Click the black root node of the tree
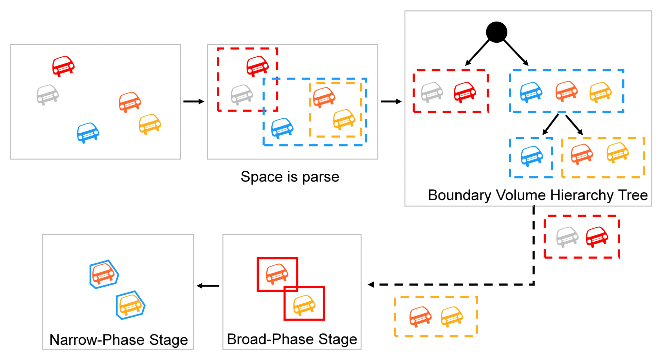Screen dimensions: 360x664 coord(497,32)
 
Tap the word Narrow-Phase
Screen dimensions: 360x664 coord(97,340)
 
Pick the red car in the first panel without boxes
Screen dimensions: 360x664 coord(63,66)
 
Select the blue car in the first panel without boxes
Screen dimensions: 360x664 coord(88,132)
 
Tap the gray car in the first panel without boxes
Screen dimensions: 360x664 coord(48,94)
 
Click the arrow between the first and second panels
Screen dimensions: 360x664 coord(194,101)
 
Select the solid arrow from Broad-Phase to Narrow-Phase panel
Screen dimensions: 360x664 coord(208,286)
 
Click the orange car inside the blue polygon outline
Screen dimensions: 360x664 coord(103,274)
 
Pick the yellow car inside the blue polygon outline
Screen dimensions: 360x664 coord(130,305)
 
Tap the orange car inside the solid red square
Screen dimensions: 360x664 coord(277,274)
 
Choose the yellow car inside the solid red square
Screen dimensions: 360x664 coord(304,304)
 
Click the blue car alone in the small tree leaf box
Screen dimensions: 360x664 coord(532,156)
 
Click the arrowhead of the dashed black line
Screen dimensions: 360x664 coord(371,284)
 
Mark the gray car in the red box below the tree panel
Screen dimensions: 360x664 coord(567,237)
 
